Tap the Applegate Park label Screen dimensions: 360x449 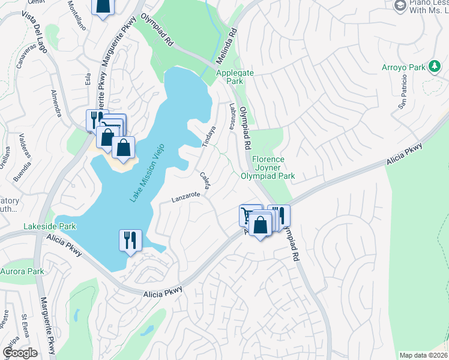tap(230, 76)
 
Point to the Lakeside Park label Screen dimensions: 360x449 tap(50, 227)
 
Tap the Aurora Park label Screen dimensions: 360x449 tap(22, 272)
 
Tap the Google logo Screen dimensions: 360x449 tap(20, 353)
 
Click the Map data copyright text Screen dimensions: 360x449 tap(424, 355)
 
